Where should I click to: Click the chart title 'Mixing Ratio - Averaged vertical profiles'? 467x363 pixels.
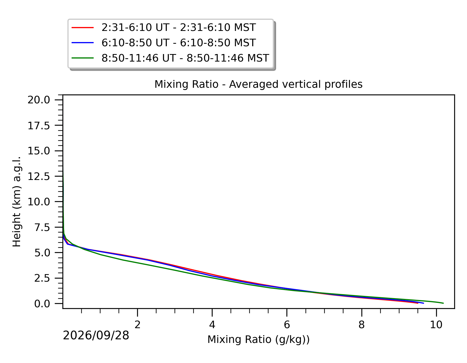click(x=258, y=84)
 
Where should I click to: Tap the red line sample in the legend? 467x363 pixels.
click(x=82, y=28)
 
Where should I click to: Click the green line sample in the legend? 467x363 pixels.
click(x=82, y=58)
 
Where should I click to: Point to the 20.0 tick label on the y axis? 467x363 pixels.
click(x=39, y=100)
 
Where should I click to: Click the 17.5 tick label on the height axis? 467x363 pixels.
click(x=39, y=126)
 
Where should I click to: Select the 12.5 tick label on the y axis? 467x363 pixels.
click(x=39, y=176)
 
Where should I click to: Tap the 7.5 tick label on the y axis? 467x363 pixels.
click(x=42, y=227)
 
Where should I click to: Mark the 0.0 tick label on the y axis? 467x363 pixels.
click(x=42, y=303)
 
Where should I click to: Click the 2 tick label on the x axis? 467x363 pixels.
click(x=137, y=325)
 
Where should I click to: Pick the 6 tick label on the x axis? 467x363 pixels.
click(x=287, y=325)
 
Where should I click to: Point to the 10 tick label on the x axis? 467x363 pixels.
click(x=436, y=325)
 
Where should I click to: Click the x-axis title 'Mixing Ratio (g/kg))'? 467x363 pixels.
click(x=259, y=340)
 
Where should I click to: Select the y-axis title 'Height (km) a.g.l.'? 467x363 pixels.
click(x=17, y=201)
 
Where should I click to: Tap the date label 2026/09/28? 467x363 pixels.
click(x=96, y=335)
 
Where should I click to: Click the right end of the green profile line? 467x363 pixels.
click(x=443, y=303)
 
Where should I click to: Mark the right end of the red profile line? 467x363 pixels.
click(x=418, y=303)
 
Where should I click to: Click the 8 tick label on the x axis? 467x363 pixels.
click(x=361, y=325)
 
